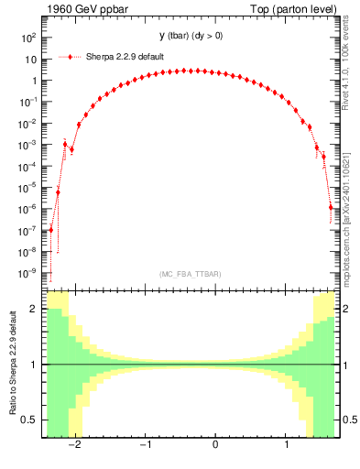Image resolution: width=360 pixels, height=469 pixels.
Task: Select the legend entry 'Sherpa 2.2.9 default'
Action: pos(125,57)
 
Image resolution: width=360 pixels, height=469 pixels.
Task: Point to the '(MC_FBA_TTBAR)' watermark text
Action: pos(191,274)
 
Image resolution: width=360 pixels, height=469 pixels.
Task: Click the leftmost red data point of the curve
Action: pos(51,229)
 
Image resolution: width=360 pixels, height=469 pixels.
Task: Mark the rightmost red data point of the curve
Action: pos(332,207)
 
